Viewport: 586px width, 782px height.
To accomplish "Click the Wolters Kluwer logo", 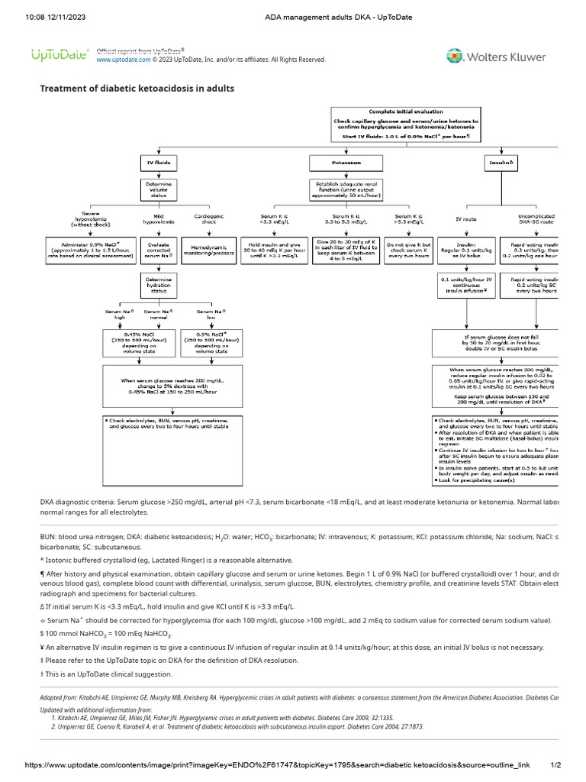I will click(x=496, y=57).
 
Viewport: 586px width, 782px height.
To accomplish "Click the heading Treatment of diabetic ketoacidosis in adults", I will click(x=137, y=89).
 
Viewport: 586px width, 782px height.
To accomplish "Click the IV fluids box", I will click(x=159, y=163).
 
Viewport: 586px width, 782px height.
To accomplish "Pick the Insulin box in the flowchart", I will click(x=501, y=163).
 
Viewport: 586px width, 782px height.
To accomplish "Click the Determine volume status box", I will click(x=159, y=189).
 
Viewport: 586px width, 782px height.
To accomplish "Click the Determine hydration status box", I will click(x=159, y=286).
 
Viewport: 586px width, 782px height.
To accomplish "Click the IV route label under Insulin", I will click(x=465, y=218).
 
